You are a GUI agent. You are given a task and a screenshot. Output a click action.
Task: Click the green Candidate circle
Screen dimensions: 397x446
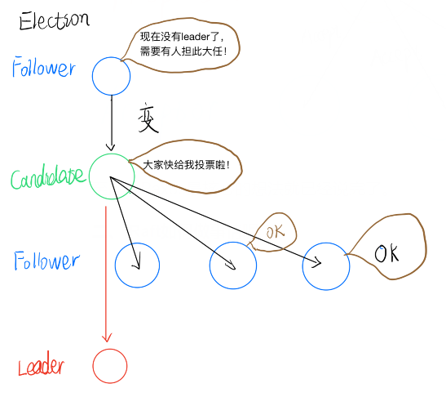click(111, 176)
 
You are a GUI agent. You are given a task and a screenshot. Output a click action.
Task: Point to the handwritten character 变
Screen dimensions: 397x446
click(147, 121)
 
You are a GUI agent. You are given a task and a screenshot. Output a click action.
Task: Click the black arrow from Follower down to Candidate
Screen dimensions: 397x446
click(111, 123)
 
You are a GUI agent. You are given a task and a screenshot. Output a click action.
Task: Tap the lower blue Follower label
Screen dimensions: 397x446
click(46, 261)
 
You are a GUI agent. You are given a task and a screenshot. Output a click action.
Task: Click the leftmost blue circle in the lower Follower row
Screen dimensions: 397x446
click(137, 265)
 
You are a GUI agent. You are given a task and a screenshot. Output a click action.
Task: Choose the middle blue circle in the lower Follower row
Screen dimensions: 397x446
click(232, 265)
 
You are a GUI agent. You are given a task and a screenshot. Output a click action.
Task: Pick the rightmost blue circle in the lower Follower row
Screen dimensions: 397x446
click(326, 265)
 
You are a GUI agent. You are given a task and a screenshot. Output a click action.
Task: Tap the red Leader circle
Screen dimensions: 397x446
click(109, 366)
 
